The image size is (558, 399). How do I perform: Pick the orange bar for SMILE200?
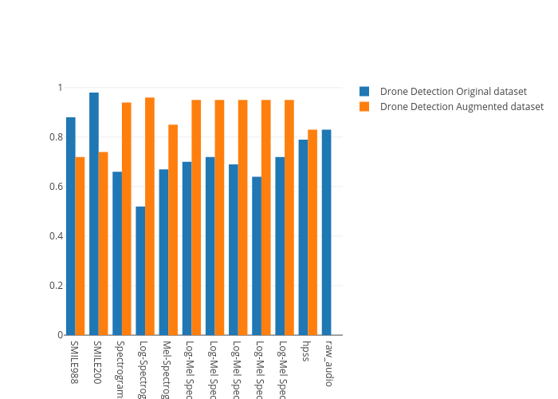pos(103,243)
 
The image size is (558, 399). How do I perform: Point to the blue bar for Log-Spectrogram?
pos(140,271)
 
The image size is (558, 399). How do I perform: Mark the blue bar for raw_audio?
pos(327,232)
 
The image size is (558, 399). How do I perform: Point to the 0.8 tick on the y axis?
pos(57,137)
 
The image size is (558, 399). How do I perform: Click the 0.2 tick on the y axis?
pos(57,286)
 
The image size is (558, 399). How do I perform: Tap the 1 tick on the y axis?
pos(60,88)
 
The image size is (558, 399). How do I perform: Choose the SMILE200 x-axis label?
pos(97,363)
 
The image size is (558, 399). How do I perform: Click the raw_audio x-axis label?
pos(328,364)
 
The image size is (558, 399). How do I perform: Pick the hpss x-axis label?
pos(305,351)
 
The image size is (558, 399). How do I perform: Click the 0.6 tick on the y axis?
pos(57,187)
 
